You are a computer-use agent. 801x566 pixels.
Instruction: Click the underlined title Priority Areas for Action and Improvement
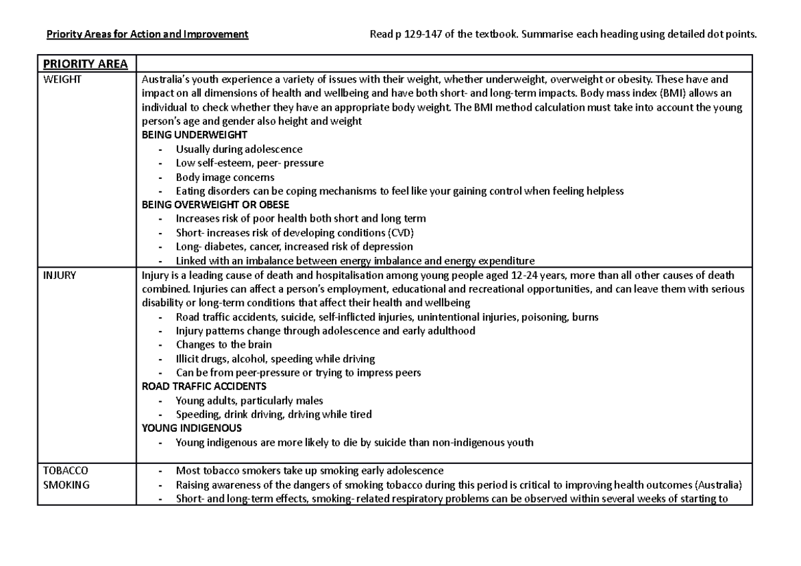[147, 35]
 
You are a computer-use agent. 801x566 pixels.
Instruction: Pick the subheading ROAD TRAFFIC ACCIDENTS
[204, 386]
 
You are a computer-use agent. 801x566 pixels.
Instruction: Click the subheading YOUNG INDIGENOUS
[192, 429]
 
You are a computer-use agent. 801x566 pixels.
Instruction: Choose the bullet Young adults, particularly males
[249, 400]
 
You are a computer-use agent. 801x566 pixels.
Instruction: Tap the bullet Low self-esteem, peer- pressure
[250, 163]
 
